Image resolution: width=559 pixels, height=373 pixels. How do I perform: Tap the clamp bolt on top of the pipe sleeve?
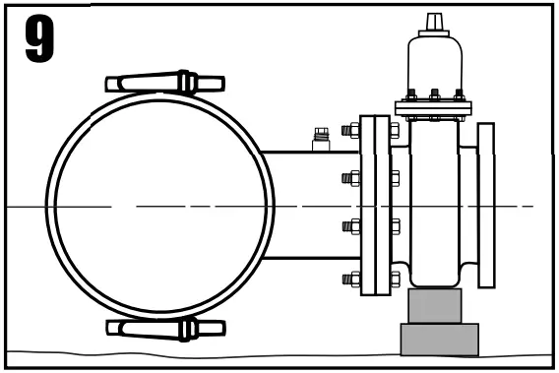point(165,83)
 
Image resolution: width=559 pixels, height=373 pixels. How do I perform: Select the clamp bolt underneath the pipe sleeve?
point(165,328)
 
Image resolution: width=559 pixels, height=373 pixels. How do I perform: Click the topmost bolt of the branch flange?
point(352,129)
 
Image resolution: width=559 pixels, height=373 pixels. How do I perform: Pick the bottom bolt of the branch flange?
point(352,280)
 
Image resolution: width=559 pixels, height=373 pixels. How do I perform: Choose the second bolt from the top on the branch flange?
point(352,178)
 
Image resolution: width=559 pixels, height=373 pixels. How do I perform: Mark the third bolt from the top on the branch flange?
point(352,226)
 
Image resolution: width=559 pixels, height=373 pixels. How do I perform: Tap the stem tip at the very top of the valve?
point(434,21)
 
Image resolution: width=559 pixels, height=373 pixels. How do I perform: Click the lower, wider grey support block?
point(439,339)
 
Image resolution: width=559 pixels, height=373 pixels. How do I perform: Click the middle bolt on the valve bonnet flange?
point(434,96)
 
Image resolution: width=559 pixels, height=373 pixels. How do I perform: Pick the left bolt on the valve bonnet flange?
point(410,96)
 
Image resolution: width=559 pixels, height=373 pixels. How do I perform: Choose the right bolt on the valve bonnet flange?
point(458,96)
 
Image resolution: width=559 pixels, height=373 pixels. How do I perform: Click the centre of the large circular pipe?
point(159,206)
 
